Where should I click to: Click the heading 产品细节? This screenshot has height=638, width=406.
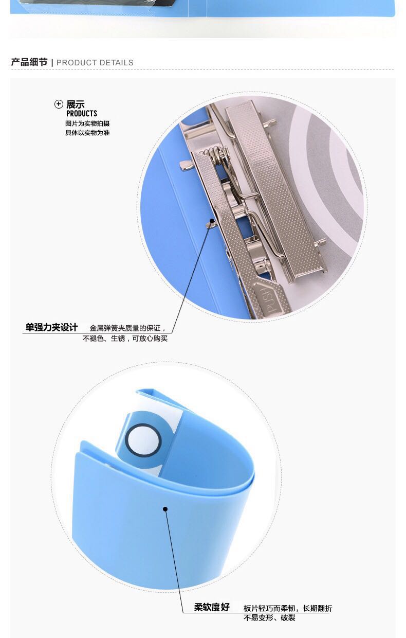pos(29,62)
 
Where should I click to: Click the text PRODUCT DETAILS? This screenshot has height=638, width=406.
pos(95,63)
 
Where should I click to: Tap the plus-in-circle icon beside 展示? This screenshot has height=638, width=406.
pos(59,104)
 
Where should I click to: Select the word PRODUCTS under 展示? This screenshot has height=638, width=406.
pos(82,114)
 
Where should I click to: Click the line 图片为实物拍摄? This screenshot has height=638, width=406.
pos(87,123)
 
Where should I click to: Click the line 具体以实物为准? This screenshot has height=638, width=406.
pos(87,132)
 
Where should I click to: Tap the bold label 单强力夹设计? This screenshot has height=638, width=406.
pos(51,327)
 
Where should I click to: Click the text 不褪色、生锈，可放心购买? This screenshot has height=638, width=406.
pos(125,339)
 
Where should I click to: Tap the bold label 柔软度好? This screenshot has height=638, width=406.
pos(212,607)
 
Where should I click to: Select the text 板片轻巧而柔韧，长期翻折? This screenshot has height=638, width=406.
pos(288,608)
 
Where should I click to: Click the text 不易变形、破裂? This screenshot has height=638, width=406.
pos(269,617)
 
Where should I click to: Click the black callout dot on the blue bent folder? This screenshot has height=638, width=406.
pos(165,509)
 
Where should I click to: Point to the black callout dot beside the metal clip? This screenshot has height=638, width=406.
pos(212,221)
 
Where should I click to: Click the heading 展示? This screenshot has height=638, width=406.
pos(76,104)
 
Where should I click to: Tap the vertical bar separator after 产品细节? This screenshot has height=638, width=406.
pos(52,63)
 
